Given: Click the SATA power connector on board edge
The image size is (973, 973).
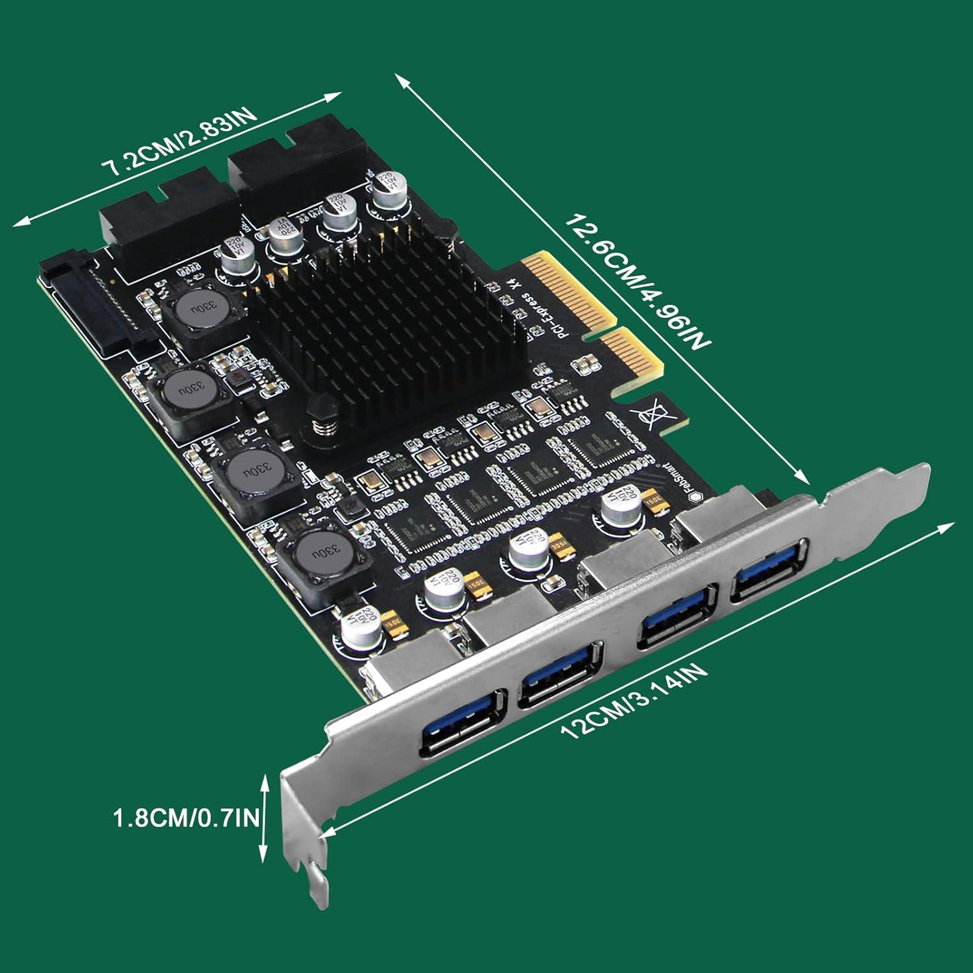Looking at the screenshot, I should pos(97,305).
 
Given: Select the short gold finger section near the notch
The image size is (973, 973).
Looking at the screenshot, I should pos(632,357).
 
